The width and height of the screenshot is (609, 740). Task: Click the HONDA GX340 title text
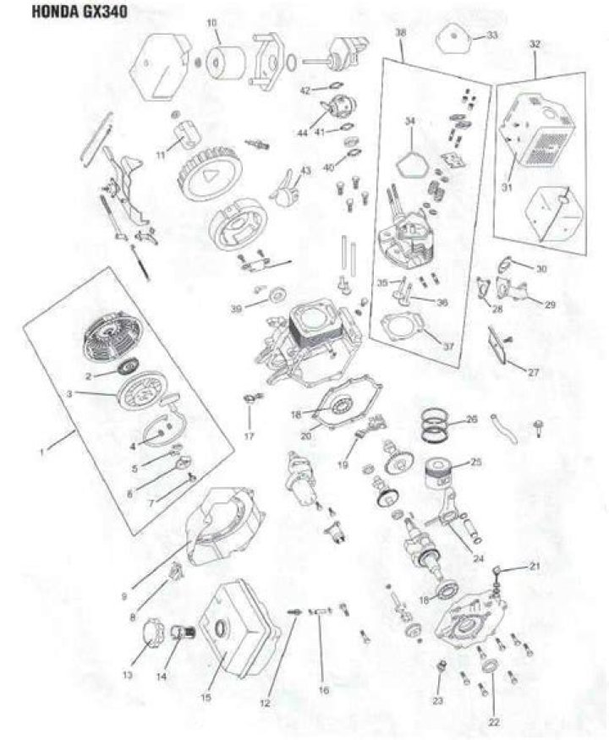pyautogui.click(x=80, y=12)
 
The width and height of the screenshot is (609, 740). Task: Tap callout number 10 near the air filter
pyautogui.click(x=212, y=22)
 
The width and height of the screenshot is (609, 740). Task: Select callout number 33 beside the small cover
pyautogui.click(x=491, y=36)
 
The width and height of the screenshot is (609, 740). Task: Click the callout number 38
pyautogui.click(x=400, y=33)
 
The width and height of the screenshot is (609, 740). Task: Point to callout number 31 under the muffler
pyautogui.click(x=507, y=189)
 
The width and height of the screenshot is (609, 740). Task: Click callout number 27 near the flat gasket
pyautogui.click(x=533, y=373)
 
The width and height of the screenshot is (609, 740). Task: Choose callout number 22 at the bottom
pyautogui.click(x=494, y=722)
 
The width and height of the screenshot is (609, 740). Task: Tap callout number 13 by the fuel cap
pyautogui.click(x=128, y=676)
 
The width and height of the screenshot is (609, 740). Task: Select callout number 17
pyautogui.click(x=250, y=436)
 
